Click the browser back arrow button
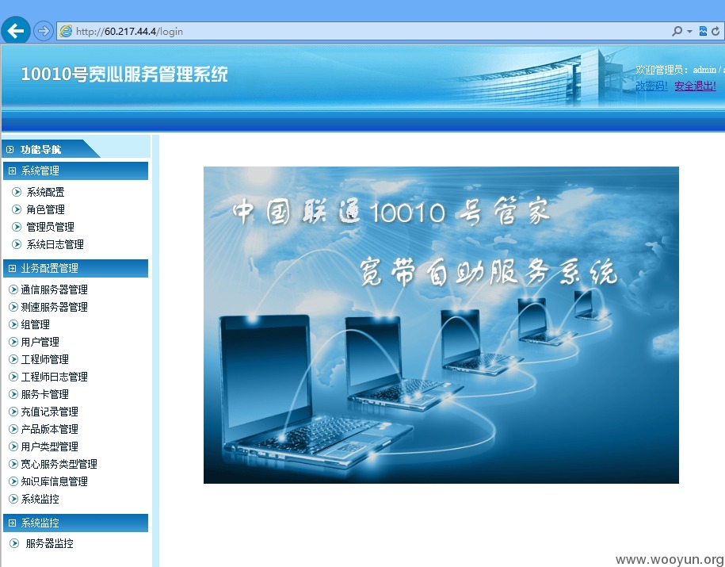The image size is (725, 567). tap(16, 31)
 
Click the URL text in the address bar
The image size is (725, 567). tap(129, 32)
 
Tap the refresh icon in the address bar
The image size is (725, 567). tap(715, 31)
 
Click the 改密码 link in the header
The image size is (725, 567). tap(651, 86)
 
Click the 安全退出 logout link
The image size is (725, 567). tap(695, 86)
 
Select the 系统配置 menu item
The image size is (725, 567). tap(45, 192)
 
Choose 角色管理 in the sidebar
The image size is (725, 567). tap(45, 209)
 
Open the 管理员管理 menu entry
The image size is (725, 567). tap(50, 227)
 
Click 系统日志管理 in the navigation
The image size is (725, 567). tap(55, 244)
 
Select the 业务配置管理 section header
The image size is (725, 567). tap(49, 269)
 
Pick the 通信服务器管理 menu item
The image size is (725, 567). tap(54, 289)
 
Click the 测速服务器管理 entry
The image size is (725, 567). tap(54, 308)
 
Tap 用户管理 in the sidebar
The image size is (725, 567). tap(40, 342)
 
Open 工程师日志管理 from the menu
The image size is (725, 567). tap(54, 377)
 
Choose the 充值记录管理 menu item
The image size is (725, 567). tap(49, 412)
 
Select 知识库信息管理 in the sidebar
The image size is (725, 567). tap(54, 482)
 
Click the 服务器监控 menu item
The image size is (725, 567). tap(49, 543)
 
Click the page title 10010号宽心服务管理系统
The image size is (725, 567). tap(124, 74)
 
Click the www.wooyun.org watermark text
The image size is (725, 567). tap(670, 560)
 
